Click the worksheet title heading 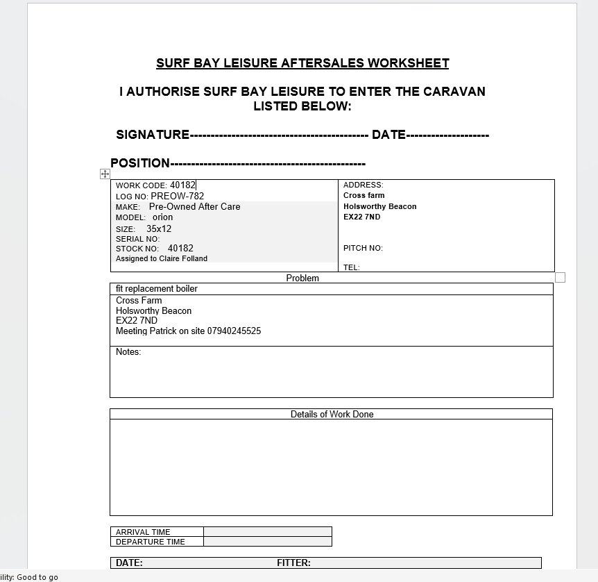(302, 63)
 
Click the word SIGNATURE (153, 135)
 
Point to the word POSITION (140, 163)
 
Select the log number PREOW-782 (178, 196)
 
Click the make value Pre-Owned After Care (195, 206)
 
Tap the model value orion (163, 217)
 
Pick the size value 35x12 (159, 228)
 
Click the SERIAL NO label (137, 239)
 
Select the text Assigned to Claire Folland (162, 258)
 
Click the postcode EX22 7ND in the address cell (361, 217)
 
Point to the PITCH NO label (363, 248)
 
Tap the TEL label (351, 267)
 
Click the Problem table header (302, 278)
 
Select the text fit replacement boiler (157, 288)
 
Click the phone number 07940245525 (234, 331)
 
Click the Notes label (128, 352)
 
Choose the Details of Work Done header (332, 414)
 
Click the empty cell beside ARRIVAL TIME (267, 532)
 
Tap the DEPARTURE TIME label (151, 542)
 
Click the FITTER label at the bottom (293, 563)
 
